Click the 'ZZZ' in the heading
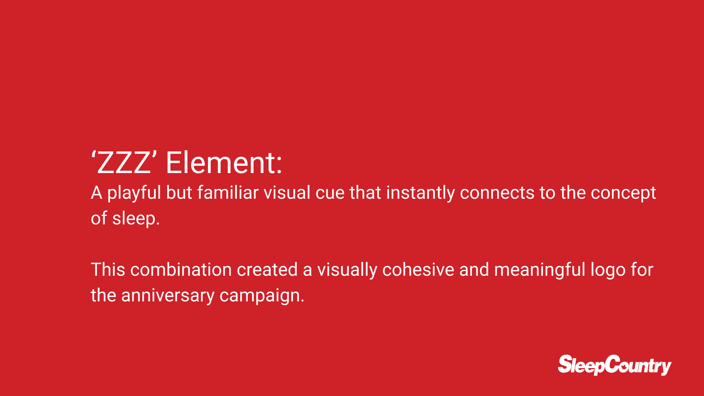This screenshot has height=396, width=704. tap(125, 162)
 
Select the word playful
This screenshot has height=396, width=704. tap(134, 193)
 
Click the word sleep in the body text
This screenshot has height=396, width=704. tap(136, 219)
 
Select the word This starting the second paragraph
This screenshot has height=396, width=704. tap(108, 269)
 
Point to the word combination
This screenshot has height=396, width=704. tap(181, 269)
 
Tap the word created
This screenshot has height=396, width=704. tap(267, 269)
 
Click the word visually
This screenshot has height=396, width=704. tap(347, 270)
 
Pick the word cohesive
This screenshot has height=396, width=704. tap(418, 269)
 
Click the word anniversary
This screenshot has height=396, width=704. tap(168, 296)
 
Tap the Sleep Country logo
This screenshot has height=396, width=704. tap(615, 365)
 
